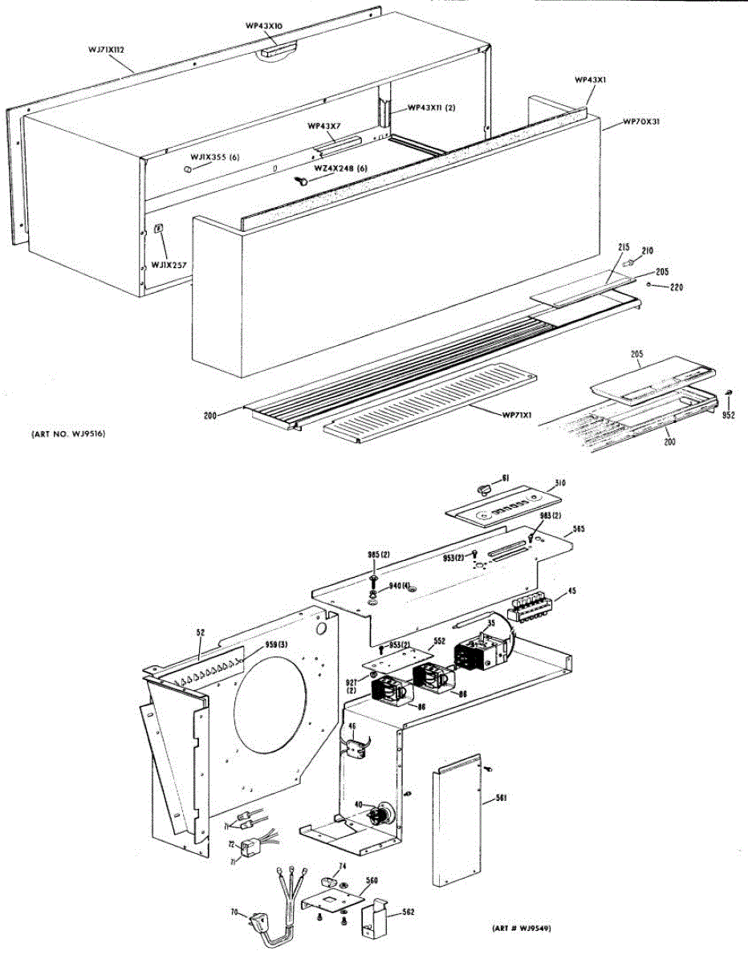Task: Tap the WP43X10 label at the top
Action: point(263,26)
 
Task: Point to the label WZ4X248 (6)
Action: point(340,168)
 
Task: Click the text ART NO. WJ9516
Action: point(67,434)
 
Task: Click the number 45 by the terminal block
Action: point(571,592)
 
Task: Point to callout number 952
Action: point(729,416)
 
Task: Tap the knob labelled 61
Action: point(482,488)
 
